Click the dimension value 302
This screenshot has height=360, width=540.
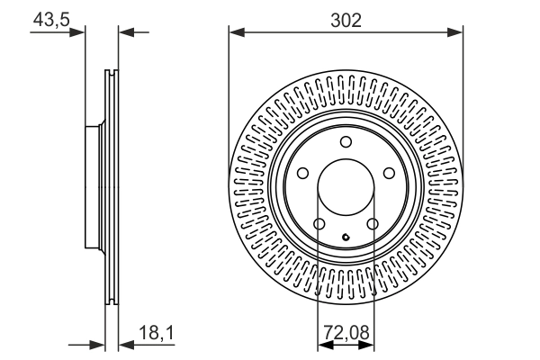pyautogui.click(x=346, y=20)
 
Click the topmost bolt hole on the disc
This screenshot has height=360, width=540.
pyautogui.click(x=346, y=141)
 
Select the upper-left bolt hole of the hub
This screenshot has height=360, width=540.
pyautogui.click(x=303, y=173)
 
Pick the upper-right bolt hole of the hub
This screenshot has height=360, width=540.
pyautogui.click(x=390, y=173)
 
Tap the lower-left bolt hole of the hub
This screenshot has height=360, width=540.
pyautogui.click(x=319, y=224)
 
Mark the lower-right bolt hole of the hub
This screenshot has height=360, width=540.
pyautogui.click(x=373, y=224)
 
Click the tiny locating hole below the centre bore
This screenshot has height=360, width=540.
pyautogui.click(x=346, y=238)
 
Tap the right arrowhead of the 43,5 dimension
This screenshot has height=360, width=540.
pyautogui.click(x=125, y=32)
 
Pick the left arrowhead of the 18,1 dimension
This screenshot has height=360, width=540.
pyautogui.click(x=99, y=343)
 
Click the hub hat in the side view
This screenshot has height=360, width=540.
pyautogui.click(x=94, y=187)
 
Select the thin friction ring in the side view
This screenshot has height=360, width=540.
pyautogui.click(x=112, y=187)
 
